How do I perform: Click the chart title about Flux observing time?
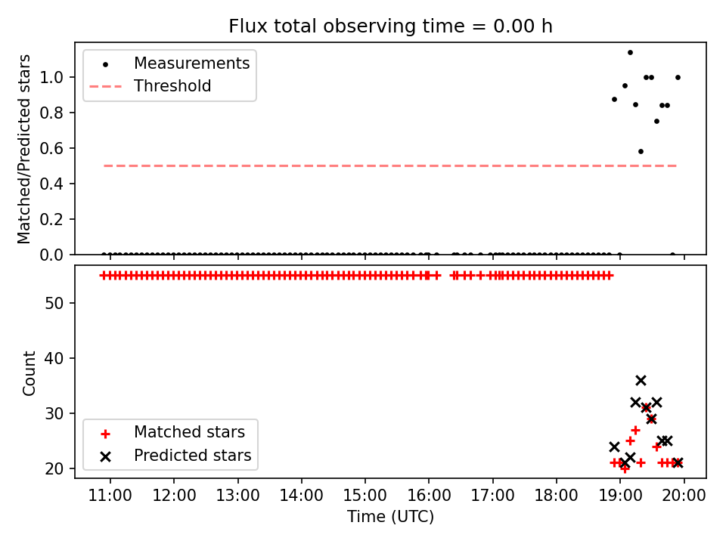tap(390, 26)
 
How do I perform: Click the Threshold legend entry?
tap(150, 86)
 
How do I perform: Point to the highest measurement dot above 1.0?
tap(630, 53)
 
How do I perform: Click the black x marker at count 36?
tap(641, 380)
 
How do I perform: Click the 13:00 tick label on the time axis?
tap(238, 496)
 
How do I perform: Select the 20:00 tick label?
tap(684, 496)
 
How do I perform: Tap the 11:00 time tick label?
tap(110, 496)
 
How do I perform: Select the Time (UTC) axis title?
tap(390, 516)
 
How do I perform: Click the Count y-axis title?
tap(29, 372)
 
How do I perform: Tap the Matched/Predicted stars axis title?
tap(23, 149)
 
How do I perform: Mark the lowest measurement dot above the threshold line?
tap(641, 151)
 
